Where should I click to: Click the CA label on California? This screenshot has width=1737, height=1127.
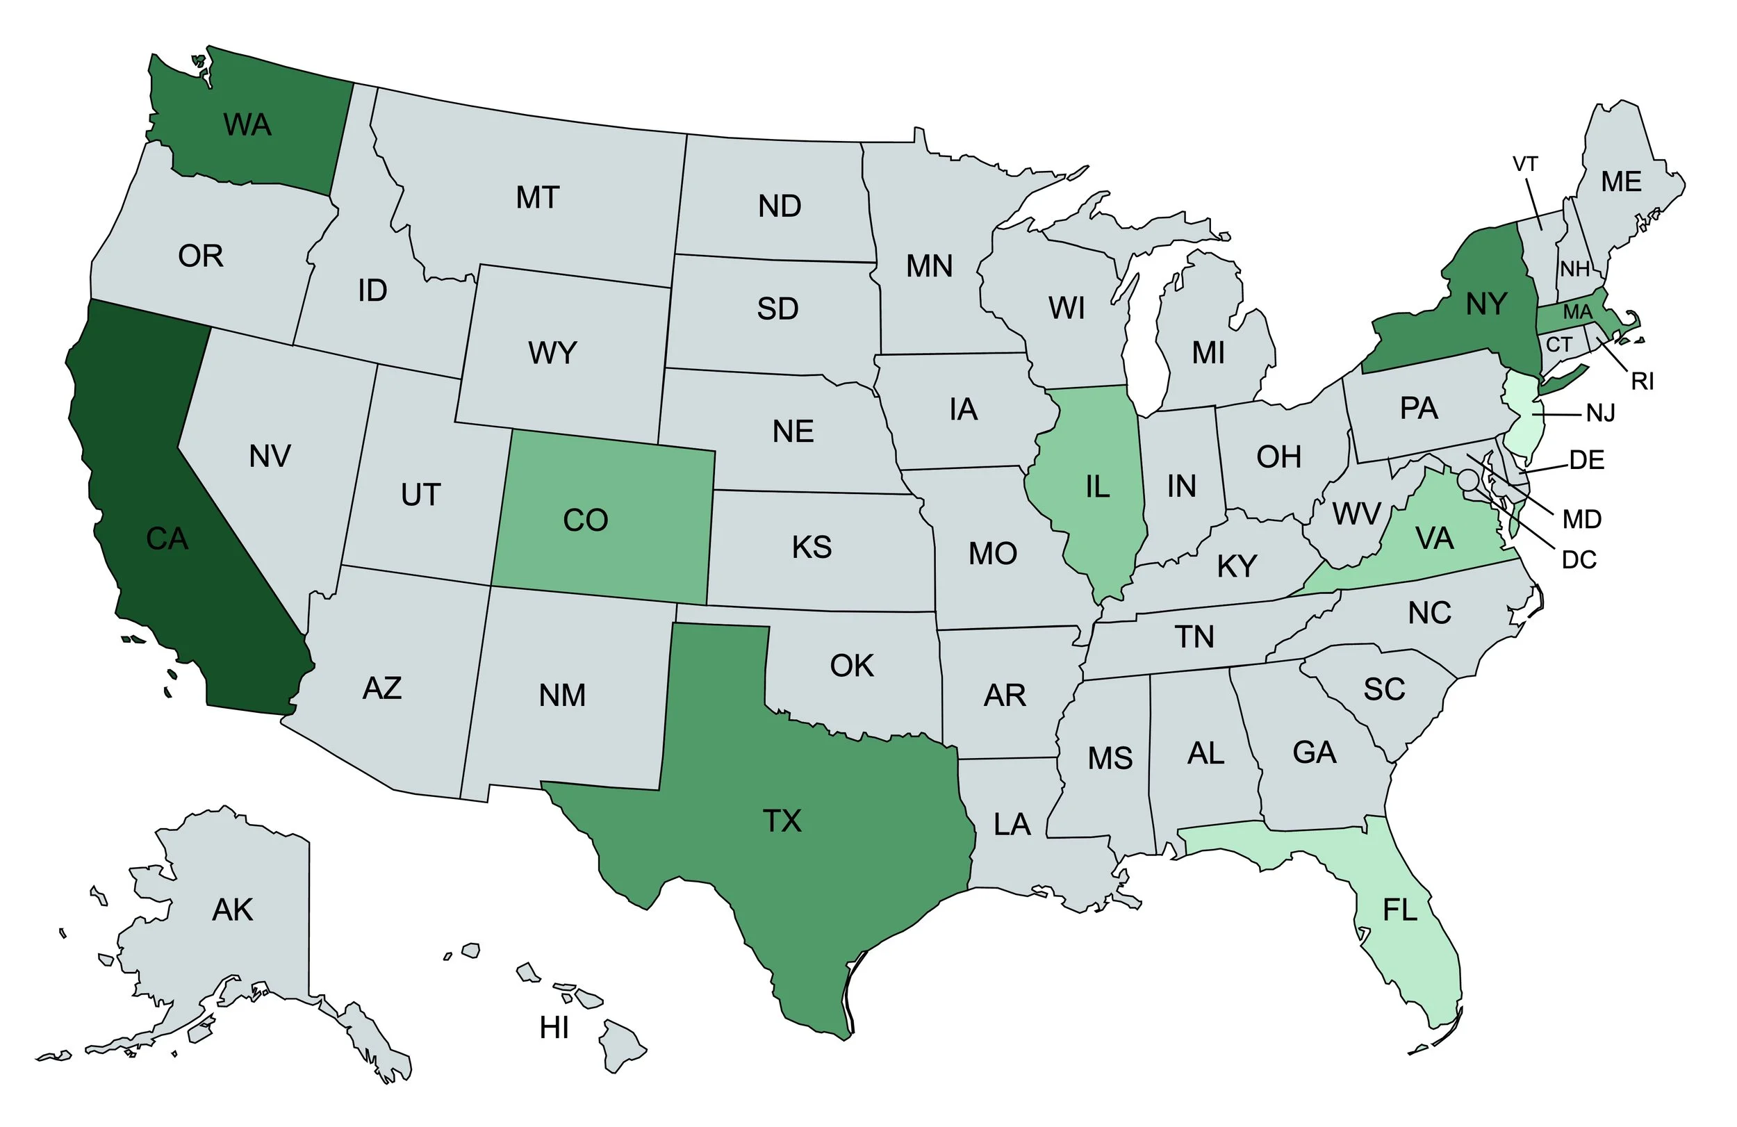pyautogui.click(x=167, y=538)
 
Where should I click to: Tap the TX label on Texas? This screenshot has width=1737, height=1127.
pyautogui.click(x=782, y=821)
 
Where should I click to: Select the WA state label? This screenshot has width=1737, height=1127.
pyautogui.click(x=247, y=125)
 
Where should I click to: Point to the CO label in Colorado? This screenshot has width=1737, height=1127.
pyautogui.click(x=585, y=520)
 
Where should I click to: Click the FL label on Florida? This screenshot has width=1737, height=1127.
pyautogui.click(x=1399, y=910)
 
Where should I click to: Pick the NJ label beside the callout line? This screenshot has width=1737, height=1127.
pyautogui.click(x=1601, y=414)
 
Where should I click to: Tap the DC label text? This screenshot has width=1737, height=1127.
pyautogui.click(x=1579, y=560)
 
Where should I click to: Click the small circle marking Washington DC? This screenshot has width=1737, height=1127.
pyautogui.click(x=1468, y=480)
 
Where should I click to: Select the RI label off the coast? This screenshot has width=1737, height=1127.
pyautogui.click(x=1642, y=381)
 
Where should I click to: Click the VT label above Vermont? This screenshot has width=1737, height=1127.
pyautogui.click(x=1524, y=164)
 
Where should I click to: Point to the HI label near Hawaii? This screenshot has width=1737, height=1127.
pyautogui.click(x=554, y=1028)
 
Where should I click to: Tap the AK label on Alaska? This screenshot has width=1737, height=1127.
pyautogui.click(x=232, y=910)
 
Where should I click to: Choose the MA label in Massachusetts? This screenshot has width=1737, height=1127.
pyautogui.click(x=1577, y=313)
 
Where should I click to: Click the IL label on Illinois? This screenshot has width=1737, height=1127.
pyautogui.click(x=1097, y=487)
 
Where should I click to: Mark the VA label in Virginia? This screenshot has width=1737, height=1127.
pyautogui.click(x=1434, y=538)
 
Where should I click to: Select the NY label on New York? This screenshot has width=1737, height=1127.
pyautogui.click(x=1486, y=304)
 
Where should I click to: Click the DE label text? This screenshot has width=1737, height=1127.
pyautogui.click(x=1587, y=460)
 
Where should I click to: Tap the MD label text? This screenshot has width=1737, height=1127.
pyautogui.click(x=1581, y=519)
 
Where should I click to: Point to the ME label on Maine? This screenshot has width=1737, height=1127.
pyautogui.click(x=1621, y=182)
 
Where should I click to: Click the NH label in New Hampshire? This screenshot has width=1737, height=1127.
pyautogui.click(x=1575, y=270)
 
